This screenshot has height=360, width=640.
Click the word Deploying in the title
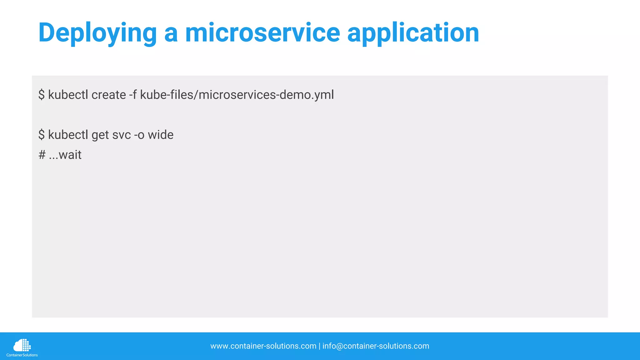[97, 33]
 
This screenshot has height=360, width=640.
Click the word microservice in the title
[262, 33]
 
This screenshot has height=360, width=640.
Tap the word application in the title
[413, 33]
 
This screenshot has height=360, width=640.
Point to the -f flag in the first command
[133, 95]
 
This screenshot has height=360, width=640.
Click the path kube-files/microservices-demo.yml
[237, 95]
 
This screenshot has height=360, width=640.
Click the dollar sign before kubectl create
[42, 95]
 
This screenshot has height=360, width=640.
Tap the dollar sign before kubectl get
[42, 135]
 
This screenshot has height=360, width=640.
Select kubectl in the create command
[68, 95]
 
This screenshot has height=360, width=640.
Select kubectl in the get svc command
[68, 135]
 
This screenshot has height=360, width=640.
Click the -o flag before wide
[139, 135]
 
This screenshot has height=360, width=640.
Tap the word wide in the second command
[160, 135]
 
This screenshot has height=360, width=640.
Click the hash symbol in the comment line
[42, 155]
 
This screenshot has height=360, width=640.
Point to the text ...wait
[65, 155]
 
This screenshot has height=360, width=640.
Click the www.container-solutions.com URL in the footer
[263, 346]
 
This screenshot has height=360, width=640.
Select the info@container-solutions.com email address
[376, 346]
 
